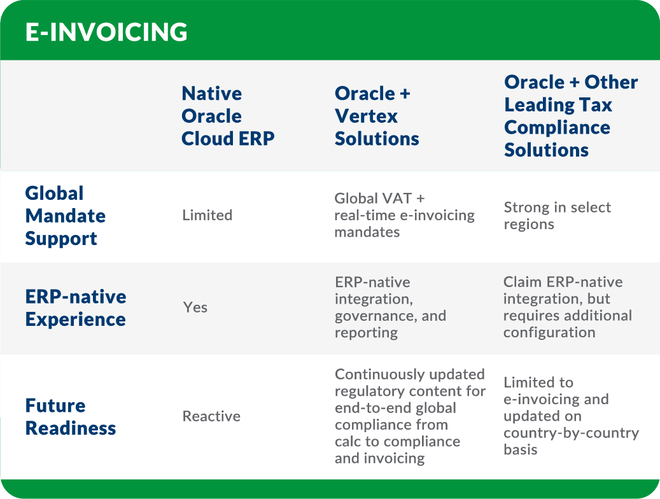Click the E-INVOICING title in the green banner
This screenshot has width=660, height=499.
106,32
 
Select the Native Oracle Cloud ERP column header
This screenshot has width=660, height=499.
228,116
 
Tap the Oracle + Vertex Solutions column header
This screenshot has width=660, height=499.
377,116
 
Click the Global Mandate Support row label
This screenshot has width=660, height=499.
66,216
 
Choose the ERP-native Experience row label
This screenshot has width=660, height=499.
76,308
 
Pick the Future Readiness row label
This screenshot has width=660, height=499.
71,417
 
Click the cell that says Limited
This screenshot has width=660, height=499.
207,216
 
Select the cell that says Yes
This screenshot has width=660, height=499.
195,307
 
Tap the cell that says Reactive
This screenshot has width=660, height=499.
211,417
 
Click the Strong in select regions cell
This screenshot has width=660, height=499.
557,216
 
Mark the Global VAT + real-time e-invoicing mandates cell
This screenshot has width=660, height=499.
404,216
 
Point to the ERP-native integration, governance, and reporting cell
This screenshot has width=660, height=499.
390,307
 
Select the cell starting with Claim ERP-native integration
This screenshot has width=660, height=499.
567,307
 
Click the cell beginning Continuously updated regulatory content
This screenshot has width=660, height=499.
410,417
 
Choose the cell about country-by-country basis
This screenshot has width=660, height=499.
570,416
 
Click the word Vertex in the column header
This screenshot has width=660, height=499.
367,116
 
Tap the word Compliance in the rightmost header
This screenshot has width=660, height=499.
557,128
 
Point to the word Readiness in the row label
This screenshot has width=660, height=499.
71,428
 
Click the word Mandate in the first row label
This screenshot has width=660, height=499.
66,216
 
